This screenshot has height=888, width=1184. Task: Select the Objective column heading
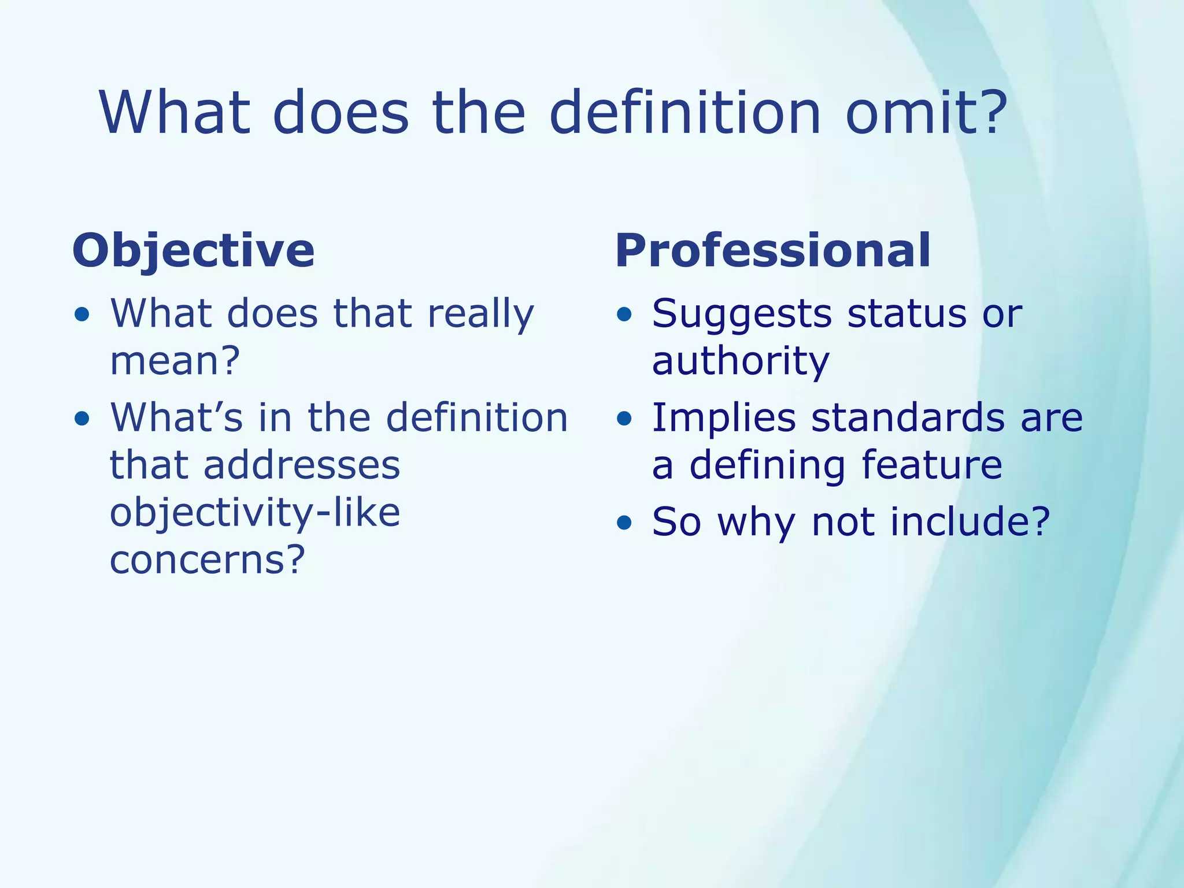[193, 251]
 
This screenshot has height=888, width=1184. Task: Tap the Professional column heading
[773, 251]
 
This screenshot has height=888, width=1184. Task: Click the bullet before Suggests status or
[624, 314]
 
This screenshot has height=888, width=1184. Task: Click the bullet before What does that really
[82, 314]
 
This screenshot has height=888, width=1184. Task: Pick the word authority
[741, 361]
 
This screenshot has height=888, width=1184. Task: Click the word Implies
[723, 418]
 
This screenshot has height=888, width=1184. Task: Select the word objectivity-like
[255, 513]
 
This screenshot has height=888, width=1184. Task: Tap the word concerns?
[207, 560]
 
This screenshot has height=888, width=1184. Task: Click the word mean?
[175, 361]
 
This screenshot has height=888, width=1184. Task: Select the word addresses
[302, 465]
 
